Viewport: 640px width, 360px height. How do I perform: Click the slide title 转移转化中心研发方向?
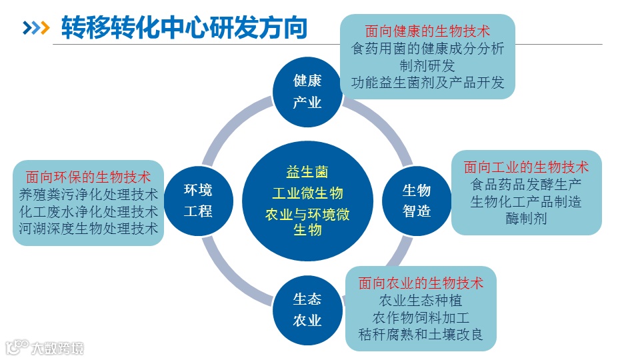coord(184,28)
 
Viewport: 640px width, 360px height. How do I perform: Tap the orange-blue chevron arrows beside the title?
coord(37,28)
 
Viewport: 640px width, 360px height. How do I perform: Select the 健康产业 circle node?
coord(307,92)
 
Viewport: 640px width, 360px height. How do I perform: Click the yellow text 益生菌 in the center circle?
coord(307,173)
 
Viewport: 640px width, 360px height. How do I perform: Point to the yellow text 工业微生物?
coord(307,193)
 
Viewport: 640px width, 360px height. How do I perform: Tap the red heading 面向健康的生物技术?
coord(427,31)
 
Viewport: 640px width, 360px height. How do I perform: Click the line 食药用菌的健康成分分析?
coord(427,48)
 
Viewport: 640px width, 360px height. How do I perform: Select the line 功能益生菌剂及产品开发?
coord(427,83)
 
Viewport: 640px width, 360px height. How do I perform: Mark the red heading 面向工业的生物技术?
coord(526,167)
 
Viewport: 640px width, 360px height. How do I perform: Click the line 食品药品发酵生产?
coord(526,184)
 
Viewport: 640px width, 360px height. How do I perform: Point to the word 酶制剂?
coord(526,218)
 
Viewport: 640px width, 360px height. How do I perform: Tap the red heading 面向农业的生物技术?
coord(421,283)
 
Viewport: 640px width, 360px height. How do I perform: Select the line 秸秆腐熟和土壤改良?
coord(421,334)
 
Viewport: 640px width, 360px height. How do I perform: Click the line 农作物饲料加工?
coord(421,317)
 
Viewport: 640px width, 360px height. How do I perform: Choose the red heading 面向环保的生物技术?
coord(88,177)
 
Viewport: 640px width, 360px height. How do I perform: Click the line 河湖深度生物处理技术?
coord(88,229)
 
